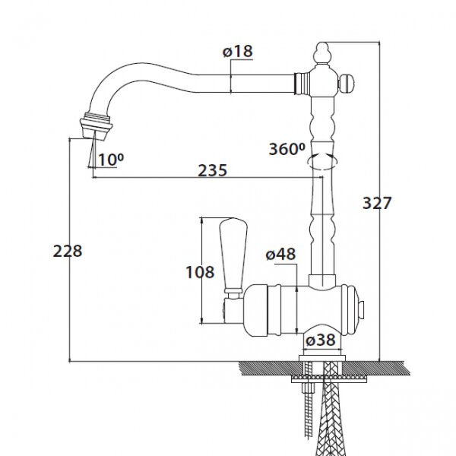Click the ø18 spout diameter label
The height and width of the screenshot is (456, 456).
238,52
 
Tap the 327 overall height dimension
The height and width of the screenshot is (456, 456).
377,203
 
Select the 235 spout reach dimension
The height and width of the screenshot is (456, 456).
212,170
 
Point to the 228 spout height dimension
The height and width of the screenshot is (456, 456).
68,251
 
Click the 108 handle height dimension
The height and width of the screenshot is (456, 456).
200,273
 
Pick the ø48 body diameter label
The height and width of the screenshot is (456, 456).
280,254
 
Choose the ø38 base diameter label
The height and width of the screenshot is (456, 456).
321,340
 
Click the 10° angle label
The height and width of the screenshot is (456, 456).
111,160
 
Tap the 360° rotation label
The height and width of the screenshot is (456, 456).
287,149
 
